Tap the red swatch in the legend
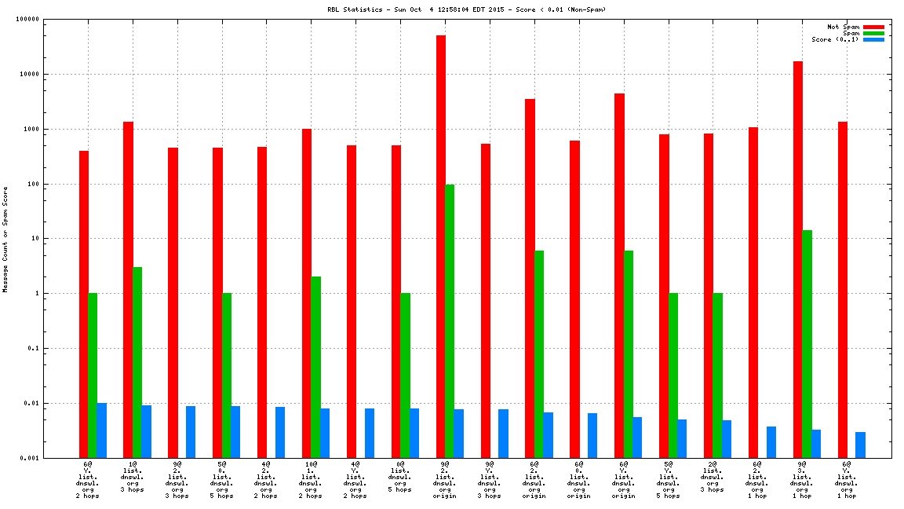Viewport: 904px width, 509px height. tap(873, 27)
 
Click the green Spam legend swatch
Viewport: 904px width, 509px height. tap(873, 33)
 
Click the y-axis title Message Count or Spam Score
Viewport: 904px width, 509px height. tap(5, 240)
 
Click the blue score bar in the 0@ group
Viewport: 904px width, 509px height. tap(414, 433)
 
